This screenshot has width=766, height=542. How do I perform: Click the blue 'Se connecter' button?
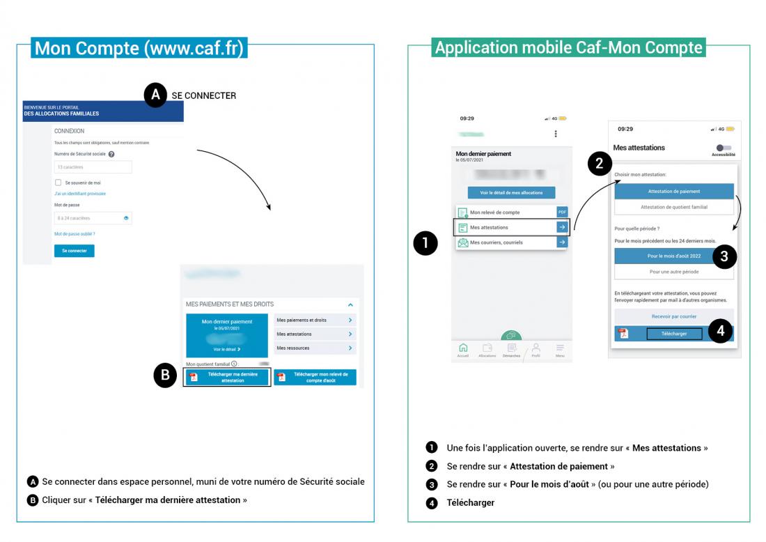tap(74, 251)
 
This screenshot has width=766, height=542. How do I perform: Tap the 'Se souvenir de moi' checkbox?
tap(58, 183)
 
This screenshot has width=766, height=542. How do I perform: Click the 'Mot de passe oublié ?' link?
tap(75, 234)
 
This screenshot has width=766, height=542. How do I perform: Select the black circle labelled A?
tap(155, 95)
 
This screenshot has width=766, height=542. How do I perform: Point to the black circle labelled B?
tap(165, 376)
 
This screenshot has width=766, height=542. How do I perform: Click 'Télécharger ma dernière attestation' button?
tap(226, 378)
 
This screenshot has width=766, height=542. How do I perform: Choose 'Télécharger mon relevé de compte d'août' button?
tap(315, 378)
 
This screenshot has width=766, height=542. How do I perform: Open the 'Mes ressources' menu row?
tap(315, 348)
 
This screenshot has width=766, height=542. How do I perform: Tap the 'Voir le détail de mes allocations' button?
tap(511, 192)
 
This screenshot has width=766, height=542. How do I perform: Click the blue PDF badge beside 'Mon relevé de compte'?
tap(562, 212)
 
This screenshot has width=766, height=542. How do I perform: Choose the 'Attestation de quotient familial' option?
tap(673, 208)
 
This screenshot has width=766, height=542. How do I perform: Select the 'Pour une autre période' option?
tap(673, 272)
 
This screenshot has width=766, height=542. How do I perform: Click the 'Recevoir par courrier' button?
tap(673, 316)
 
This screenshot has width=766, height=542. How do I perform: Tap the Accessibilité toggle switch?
tap(724, 148)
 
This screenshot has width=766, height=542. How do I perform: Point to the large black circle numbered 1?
tap(425, 243)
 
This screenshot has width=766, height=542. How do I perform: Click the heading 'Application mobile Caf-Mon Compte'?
tap(568, 47)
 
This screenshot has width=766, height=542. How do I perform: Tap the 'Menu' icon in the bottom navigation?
tap(560, 350)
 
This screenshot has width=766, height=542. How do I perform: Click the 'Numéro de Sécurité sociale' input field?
tap(93, 167)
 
